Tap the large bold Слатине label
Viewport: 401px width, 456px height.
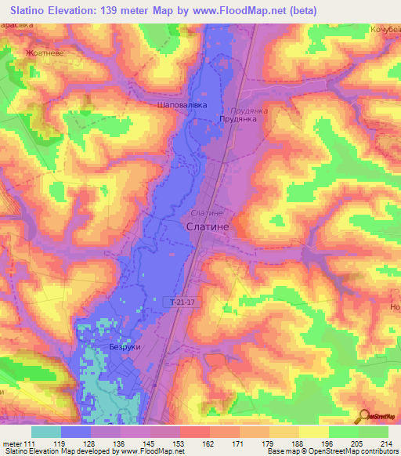pos(209,226)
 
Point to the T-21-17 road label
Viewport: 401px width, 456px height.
pos(185,300)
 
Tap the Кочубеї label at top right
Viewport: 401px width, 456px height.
pos(385,29)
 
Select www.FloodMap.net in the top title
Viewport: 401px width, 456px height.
pos(249,11)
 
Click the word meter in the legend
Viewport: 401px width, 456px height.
pos(10,443)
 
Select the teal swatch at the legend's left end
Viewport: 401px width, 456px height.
pos(46,432)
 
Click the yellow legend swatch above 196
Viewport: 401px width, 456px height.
pos(313,432)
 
